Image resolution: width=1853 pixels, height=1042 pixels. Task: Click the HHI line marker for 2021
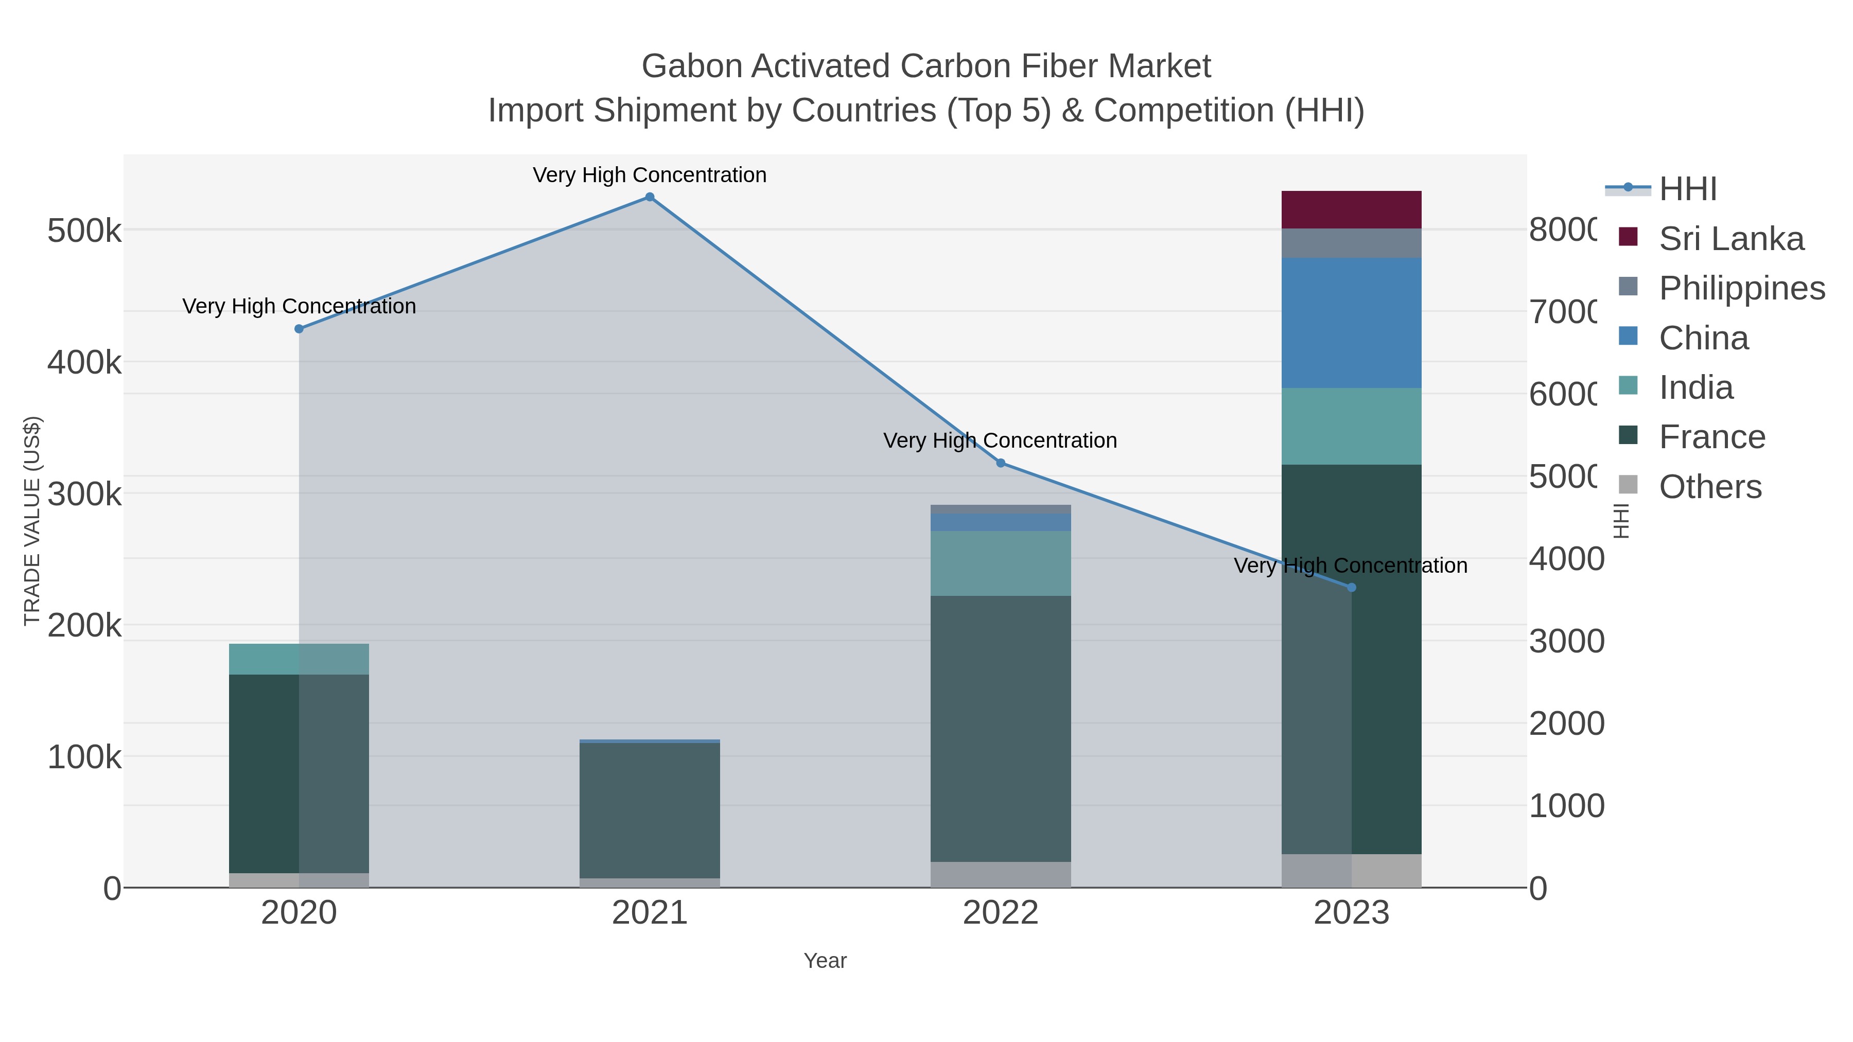[x=650, y=197]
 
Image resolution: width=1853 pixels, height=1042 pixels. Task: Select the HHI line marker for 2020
[x=299, y=329]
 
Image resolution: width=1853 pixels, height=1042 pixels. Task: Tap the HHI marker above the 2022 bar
[x=1000, y=463]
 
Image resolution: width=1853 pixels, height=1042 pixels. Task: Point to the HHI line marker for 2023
[x=1351, y=588]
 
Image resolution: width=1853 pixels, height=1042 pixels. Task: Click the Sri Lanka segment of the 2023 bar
[x=1351, y=210]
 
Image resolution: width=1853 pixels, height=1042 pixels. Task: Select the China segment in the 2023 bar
[x=1351, y=323]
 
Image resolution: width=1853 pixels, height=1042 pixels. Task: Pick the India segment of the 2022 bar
[x=1000, y=563]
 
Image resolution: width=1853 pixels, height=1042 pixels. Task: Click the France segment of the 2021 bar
[x=650, y=810]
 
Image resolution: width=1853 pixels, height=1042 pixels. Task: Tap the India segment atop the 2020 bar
[x=299, y=659]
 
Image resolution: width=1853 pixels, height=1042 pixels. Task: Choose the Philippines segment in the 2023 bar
[x=1351, y=243]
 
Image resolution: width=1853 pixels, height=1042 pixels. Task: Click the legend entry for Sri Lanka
[x=1730, y=239]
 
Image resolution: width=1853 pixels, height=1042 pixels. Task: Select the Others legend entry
[x=1710, y=487]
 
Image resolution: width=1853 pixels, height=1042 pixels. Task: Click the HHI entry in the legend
[x=1688, y=189]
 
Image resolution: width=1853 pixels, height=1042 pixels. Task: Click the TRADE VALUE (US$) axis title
[x=32, y=521]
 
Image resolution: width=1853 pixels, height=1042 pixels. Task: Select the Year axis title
[x=825, y=961]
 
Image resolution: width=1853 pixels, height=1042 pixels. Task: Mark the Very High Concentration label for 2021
[x=650, y=175]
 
